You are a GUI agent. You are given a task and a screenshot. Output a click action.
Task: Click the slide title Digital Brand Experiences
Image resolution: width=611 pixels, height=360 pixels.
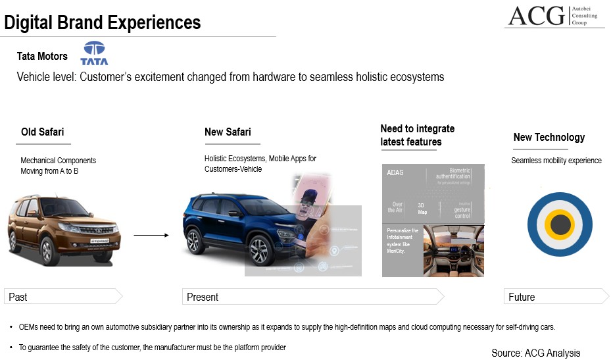click(103, 22)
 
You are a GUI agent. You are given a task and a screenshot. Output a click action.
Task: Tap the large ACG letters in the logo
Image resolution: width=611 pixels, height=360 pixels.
click(536, 15)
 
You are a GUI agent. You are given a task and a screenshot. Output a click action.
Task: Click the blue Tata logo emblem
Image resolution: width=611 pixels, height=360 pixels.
click(94, 53)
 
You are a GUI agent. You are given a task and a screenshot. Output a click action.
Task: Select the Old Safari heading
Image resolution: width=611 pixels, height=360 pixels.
click(43, 132)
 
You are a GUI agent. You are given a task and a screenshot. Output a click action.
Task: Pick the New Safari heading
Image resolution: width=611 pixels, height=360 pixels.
click(228, 132)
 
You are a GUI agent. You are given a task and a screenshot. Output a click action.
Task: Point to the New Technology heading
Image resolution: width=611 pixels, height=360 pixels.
click(549, 137)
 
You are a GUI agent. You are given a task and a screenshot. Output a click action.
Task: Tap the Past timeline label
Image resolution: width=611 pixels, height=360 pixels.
click(18, 297)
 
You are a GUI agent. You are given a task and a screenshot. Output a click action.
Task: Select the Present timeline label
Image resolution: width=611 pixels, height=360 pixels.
click(203, 297)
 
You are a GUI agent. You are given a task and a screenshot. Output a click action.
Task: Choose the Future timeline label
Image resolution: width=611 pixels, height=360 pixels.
click(522, 297)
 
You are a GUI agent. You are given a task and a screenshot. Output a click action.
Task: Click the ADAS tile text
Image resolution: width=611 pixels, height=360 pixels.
click(395, 173)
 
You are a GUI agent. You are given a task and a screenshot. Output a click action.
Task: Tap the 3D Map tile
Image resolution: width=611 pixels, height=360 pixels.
click(422, 208)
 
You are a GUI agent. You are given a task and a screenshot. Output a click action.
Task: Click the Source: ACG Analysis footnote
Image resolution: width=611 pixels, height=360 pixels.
click(535, 353)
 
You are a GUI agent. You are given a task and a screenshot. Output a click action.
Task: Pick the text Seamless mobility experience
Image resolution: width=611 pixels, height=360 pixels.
click(556, 161)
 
